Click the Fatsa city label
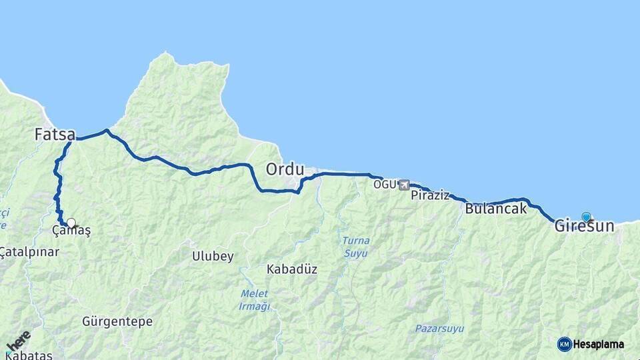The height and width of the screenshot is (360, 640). click(55, 134)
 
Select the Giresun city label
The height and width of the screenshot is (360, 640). click(584, 227)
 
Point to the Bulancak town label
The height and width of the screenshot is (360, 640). click(495, 209)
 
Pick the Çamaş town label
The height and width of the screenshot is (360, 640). click(71, 231)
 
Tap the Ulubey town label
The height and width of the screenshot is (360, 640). click(213, 257)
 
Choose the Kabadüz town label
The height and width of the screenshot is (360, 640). click(291, 269)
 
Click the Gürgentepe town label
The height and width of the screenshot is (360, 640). click(117, 321)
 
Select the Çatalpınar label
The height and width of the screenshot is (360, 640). click(29, 252)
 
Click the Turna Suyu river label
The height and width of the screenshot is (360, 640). click(355, 247)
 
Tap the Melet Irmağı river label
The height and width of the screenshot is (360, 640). click(254, 300)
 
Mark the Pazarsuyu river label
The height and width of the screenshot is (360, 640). click(439, 329)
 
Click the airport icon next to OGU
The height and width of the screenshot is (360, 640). click(404, 185)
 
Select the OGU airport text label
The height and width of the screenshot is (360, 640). click(385, 184)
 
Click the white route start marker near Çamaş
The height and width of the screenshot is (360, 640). click(71, 223)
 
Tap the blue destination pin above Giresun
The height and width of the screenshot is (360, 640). click(586, 217)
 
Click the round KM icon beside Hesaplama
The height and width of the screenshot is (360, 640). click(564, 344)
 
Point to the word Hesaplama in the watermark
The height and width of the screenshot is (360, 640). click(599, 345)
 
